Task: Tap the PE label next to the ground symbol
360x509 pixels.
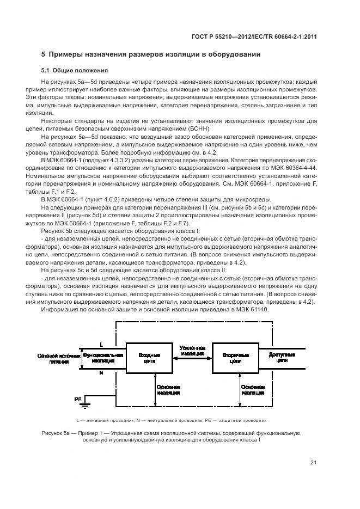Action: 78,399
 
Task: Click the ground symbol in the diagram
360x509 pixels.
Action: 86,403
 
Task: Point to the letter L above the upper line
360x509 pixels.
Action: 101,345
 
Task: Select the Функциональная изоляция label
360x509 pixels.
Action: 103,357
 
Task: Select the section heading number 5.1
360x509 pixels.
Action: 47,70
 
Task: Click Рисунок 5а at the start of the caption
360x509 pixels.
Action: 56,433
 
